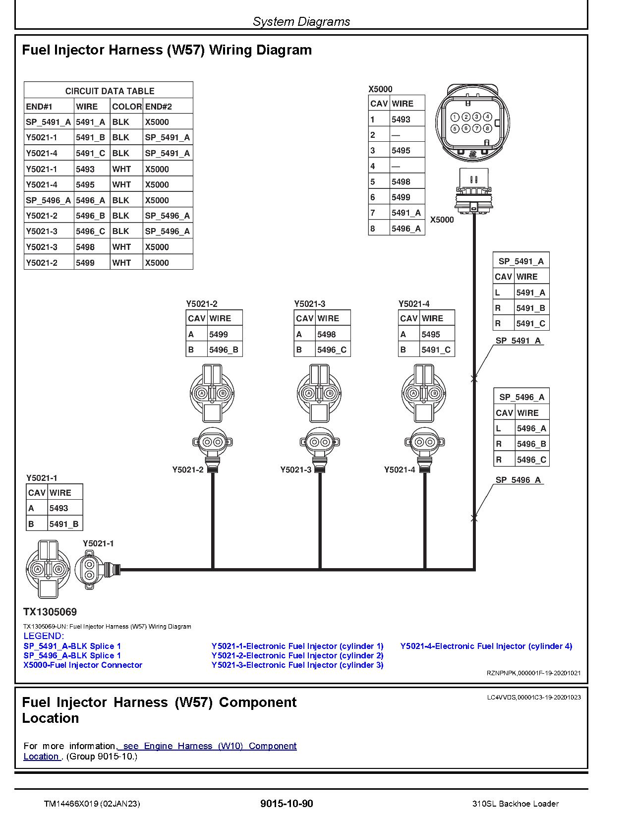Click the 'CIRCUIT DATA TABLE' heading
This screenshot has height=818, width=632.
[110, 91]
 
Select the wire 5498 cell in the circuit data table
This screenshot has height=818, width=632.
[85, 247]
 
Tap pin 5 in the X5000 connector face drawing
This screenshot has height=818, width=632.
[455, 128]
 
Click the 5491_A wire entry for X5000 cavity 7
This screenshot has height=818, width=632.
[406, 213]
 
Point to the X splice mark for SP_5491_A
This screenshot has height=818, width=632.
[474, 379]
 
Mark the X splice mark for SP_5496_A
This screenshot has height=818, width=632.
[474, 518]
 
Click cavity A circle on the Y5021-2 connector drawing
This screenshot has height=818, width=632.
[202, 394]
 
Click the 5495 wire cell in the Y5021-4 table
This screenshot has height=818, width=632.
[431, 334]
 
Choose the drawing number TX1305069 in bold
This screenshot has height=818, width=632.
[50, 612]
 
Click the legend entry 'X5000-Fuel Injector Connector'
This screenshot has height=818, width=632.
[83, 665]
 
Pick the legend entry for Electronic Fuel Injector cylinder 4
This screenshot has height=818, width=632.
[486, 646]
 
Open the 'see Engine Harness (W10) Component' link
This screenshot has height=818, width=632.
[210, 746]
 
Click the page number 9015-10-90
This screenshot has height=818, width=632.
[287, 804]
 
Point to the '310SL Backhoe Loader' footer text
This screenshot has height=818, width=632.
[516, 804]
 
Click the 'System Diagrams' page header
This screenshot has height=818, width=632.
[301, 22]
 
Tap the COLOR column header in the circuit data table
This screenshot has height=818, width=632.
[126, 107]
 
